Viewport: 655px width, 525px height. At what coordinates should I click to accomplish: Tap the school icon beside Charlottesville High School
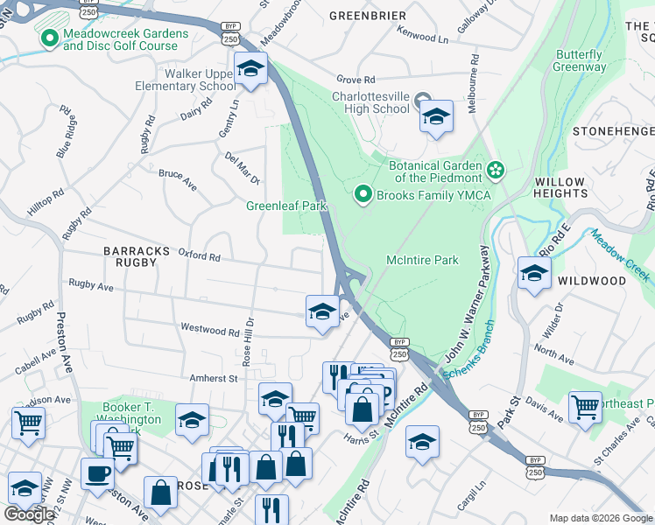436,116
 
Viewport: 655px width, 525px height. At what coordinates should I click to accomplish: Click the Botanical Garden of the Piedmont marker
496,169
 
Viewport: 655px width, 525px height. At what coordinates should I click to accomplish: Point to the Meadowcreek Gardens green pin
47,38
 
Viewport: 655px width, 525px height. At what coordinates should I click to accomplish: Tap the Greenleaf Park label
285,206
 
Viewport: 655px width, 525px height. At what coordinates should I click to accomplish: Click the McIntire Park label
423,260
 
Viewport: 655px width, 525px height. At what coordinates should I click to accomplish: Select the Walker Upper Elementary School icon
250,68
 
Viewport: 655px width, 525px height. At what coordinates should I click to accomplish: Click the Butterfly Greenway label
580,60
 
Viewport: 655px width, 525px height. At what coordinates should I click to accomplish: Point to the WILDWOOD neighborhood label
595,281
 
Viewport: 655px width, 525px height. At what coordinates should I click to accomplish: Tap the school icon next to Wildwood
533,273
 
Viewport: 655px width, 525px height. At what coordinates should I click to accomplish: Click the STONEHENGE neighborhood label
613,130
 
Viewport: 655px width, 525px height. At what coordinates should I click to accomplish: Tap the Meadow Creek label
621,255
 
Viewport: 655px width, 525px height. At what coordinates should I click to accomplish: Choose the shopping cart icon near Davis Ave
585,406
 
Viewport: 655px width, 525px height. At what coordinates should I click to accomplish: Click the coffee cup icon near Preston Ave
96,473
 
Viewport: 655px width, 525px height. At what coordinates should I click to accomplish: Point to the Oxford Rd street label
199,255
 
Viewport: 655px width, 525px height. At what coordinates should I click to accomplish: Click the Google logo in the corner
29,514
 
